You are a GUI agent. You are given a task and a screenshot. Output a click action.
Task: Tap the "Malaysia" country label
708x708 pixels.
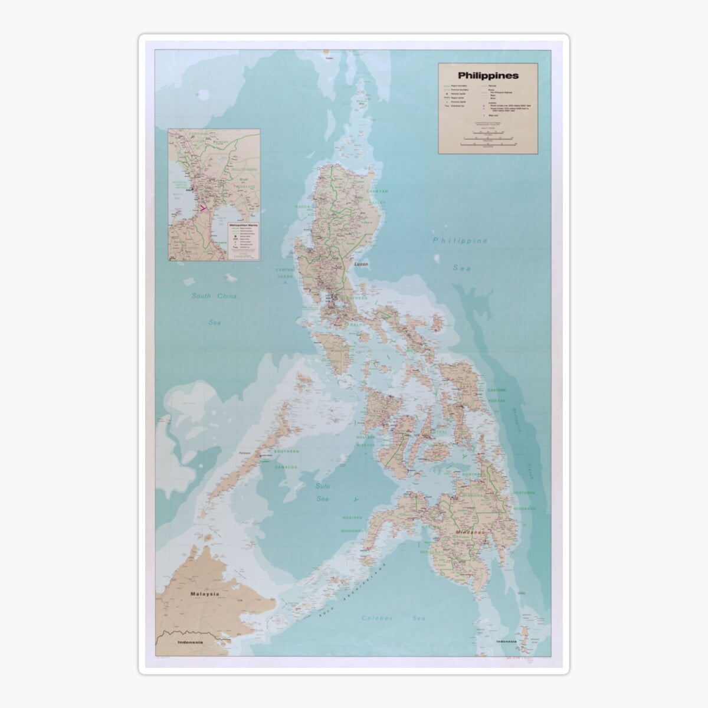coord(204,594)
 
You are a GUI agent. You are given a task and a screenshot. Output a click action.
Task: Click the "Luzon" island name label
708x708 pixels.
coord(360,264)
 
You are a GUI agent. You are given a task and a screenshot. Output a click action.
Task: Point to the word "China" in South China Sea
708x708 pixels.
coord(224,296)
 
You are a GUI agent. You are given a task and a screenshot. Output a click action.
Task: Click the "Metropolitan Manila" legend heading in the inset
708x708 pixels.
coord(244,225)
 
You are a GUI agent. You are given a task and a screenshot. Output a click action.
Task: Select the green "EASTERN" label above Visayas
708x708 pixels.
coord(496,391)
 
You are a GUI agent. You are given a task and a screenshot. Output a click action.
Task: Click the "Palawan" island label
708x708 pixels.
coord(245,453)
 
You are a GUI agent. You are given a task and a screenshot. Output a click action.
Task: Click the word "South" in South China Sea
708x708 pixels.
coord(202,296)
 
